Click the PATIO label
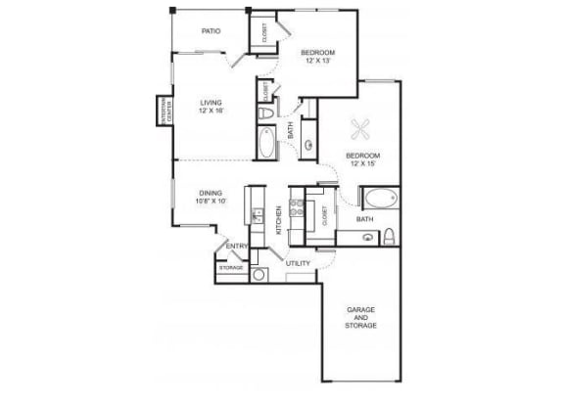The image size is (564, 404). pos(211,31)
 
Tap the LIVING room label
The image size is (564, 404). pos(210,102)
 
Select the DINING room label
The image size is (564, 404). pos(210,193)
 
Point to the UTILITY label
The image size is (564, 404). pos(298,263)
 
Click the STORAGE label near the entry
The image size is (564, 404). pos(230,266)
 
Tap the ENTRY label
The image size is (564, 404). pos(235,246)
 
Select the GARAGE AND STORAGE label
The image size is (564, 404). pos(362,319)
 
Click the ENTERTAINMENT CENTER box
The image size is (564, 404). pos(163,109)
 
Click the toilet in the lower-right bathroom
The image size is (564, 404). pos(389,236)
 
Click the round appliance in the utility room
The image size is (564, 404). pos(259,275)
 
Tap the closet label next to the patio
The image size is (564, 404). pos(263,34)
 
